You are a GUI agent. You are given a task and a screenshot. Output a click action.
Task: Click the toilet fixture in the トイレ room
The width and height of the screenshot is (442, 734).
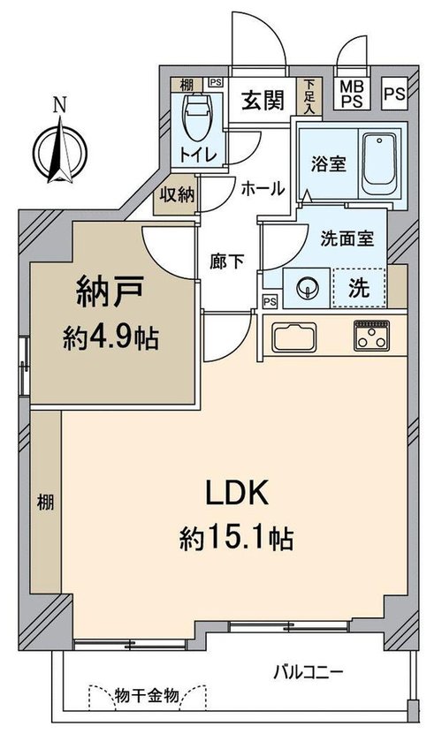197,117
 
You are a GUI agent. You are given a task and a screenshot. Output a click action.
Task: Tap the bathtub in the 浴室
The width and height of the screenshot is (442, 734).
379,163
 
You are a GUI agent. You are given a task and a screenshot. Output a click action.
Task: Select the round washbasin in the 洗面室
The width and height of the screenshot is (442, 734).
307,288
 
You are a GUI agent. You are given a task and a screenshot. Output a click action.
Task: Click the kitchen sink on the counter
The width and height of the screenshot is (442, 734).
293,337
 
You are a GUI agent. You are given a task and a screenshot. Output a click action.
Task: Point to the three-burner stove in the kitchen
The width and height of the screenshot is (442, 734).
371,335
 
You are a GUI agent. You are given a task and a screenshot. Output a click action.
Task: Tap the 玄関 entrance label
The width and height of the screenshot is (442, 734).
263,100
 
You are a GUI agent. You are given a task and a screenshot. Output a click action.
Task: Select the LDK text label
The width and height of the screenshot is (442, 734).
237,493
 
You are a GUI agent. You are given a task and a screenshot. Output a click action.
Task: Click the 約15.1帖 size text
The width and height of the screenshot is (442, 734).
237,538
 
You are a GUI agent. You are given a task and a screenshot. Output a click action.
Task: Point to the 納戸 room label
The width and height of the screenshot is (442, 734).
110,292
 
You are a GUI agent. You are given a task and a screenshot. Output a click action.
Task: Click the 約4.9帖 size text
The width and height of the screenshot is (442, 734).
111,337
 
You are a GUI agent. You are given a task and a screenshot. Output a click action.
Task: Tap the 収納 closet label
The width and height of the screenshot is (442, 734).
177,194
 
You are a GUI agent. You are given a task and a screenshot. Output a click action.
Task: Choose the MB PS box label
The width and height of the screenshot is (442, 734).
352,95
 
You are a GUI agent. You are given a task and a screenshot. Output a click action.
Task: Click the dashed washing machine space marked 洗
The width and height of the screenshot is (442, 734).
359,288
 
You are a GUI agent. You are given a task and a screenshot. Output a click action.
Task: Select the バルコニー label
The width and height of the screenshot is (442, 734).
309,673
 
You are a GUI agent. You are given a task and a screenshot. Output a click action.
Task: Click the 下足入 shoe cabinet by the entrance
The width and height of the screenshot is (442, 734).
309,97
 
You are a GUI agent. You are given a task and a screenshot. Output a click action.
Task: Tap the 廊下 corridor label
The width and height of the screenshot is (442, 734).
227,261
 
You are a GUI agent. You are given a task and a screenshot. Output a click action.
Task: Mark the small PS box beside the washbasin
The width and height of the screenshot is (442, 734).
270,302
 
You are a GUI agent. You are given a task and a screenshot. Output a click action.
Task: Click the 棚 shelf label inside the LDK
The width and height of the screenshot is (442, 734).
45,503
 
